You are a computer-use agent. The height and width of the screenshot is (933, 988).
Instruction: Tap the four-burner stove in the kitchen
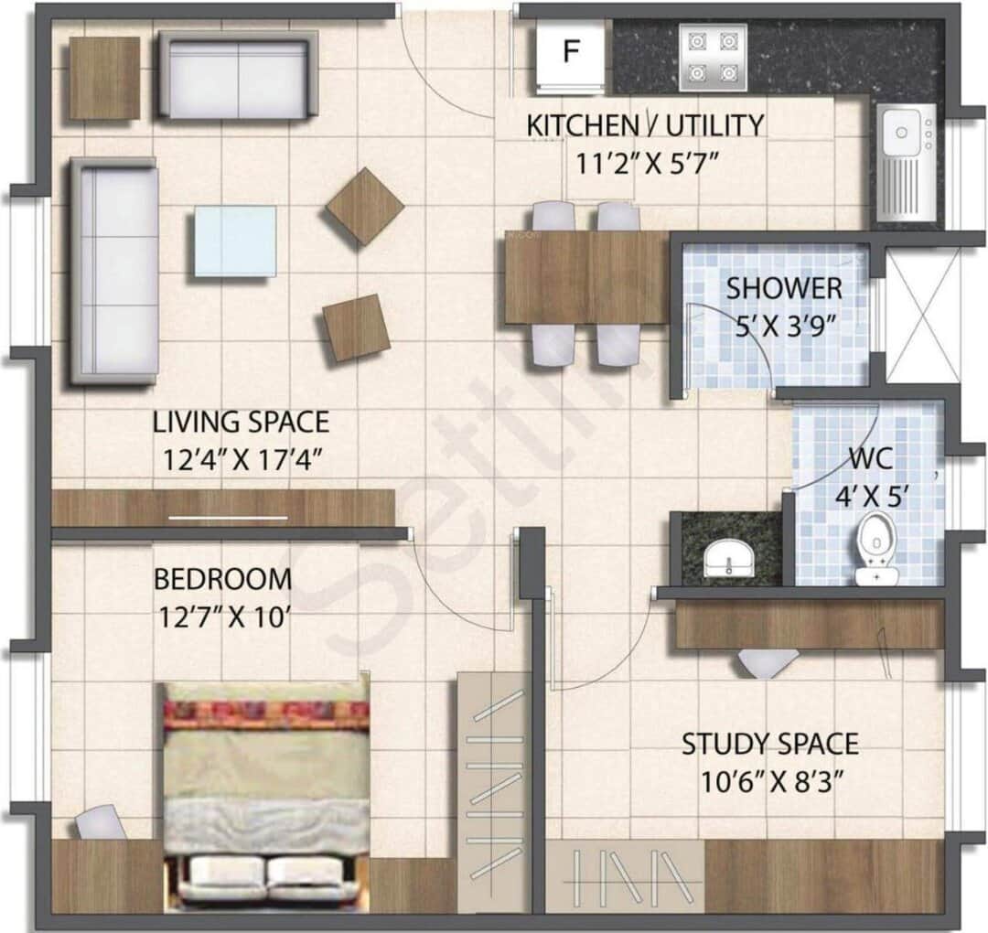(713, 57)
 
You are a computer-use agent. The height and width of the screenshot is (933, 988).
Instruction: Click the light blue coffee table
(235, 241)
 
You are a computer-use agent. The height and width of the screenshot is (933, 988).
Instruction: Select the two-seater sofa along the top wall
(238, 75)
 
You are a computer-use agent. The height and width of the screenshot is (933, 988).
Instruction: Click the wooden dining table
(586, 276)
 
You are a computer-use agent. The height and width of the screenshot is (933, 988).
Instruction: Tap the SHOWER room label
(784, 289)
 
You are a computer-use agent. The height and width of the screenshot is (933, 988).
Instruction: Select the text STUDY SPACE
(769, 744)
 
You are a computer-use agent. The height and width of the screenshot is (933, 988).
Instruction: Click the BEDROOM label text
(222, 580)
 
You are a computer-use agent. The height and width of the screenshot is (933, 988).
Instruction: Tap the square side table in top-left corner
(104, 78)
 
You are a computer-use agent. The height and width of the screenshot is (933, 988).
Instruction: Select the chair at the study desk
(767, 661)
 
